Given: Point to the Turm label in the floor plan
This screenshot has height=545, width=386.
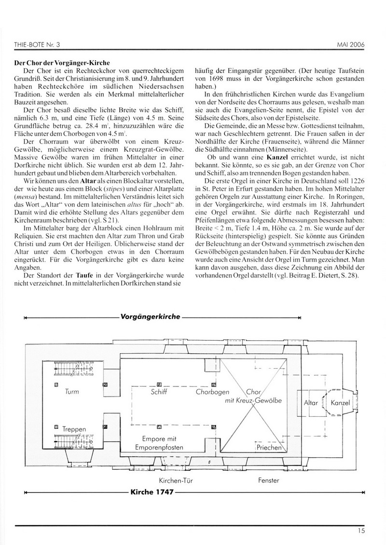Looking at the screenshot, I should click(71, 393).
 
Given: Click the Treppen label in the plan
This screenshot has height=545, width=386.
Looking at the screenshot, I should click(74, 428).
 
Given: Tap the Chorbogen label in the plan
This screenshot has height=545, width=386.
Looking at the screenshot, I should click(212, 393).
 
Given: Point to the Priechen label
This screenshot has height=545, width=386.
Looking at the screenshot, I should click(269, 447).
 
